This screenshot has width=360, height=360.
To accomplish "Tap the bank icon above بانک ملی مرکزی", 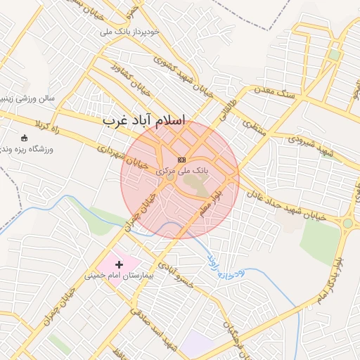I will pyautogui.click(x=182, y=160).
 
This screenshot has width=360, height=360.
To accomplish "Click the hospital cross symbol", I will pyautogui.click(x=118, y=264).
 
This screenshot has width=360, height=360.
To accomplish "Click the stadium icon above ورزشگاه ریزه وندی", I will pyautogui.click(x=25, y=138).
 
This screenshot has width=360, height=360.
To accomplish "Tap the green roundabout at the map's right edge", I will pyautogui.click(x=347, y=223).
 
